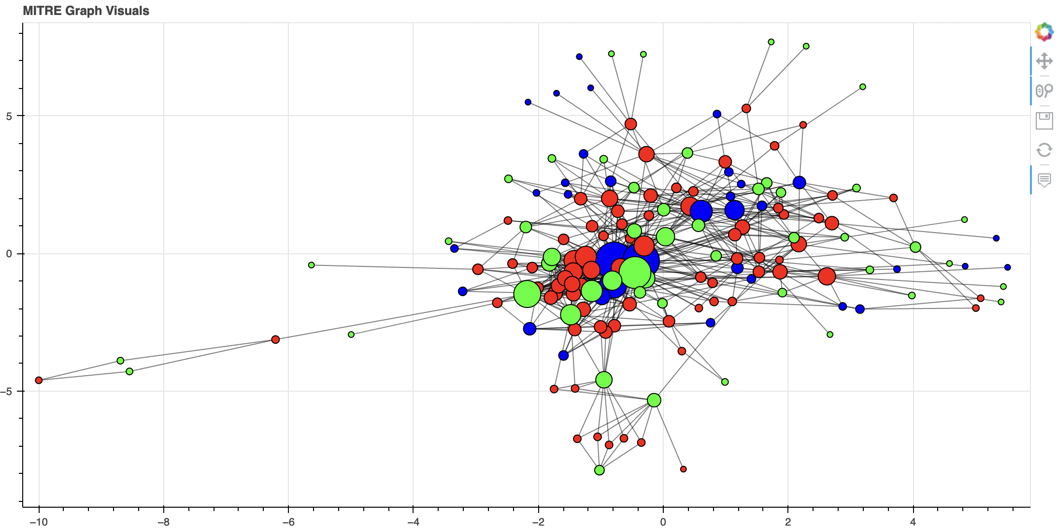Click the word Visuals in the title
pyautogui.click(x=129, y=11)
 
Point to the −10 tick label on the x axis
pyautogui.click(x=38, y=522)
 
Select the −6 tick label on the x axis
pyautogui.click(x=288, y=522)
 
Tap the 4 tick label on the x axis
pyautogui.click(x=913, y=522)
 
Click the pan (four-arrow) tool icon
pyautogui.click(x=1044, y=61)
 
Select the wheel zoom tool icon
pyautogui.click(x=1044, y=90)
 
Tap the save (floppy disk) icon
pyautogui.click(x=1044, y=120)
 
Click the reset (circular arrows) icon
pyautogui.click(x=1044, y=150)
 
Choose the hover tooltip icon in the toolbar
pyautogui.click(x=1044, y=180)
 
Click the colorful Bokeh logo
pyautogui.click(x=1044, y=32)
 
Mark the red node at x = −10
pyautogui.click(x=39, y=380)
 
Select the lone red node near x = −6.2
pyautogui.click(x=275, y=339)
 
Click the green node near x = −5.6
pyautogui.click(x=312, y=265)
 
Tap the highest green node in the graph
pyautogui.click(x=771, y=42)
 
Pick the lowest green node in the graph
pyautogui.click(x=600, y=470)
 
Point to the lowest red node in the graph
pyautogui.click(x=683, y=469)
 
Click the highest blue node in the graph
pyautogui.click(x=579, y=57)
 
